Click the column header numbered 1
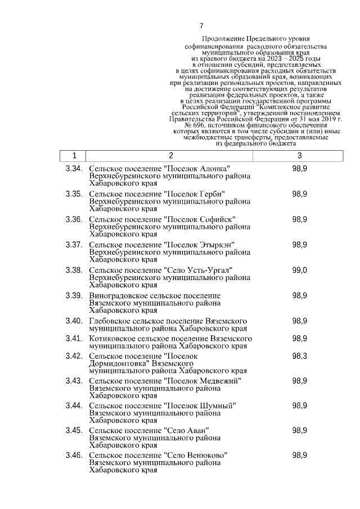tap(74, 156)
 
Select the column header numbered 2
tap(170, 156)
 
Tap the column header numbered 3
tap(299, 156)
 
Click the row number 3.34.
tap(74, 169)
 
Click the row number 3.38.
tap(74, 270)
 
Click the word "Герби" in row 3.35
tap(211, 194)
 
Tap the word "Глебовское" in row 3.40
tap(111, 321)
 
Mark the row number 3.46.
tap(74, 454)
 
